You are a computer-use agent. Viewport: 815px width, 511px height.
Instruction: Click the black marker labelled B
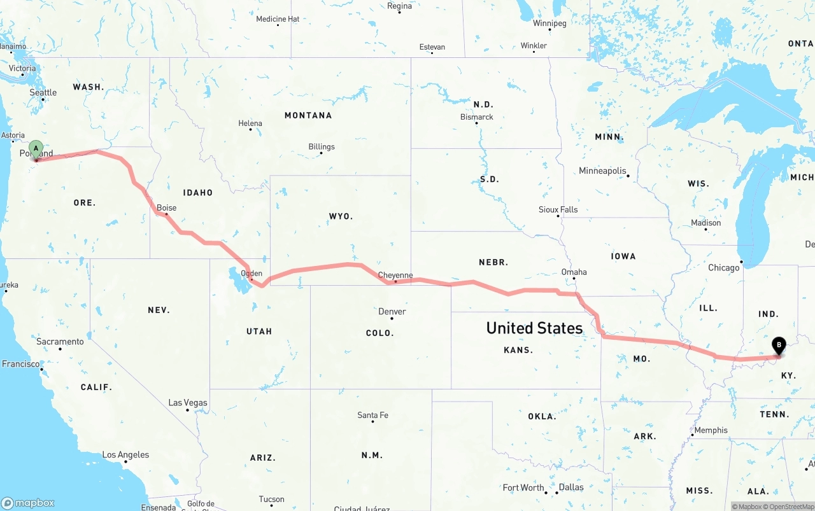(x=778, y=346)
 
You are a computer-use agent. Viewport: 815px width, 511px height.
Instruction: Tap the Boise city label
(x=166, y=208)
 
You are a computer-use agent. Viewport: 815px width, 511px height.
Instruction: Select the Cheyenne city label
(x=395, y=276)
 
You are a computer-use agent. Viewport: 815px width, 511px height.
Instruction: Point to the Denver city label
(x=392, y=312)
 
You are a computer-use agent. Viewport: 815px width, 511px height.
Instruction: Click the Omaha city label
(x=574, y=272)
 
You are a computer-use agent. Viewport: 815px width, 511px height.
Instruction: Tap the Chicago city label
(x=724, y=268)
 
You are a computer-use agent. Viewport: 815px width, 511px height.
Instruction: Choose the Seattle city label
(x=43, y=93)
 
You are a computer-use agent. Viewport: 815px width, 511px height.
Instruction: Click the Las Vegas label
(x=188, y=403)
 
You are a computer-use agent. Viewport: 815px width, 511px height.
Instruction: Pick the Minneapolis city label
(x=602, y=171)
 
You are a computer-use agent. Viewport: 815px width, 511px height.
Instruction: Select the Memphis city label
(x=711, y=430)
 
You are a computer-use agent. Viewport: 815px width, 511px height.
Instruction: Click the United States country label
(x=534, y=328)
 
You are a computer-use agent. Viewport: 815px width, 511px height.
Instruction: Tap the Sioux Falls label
(x=558, y=209)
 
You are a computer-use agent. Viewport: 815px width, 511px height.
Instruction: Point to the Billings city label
(x=322, y=147)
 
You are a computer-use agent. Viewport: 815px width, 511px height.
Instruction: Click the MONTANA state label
(x=308, y=115)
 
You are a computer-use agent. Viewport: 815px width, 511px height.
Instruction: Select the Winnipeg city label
(x=549, y=24)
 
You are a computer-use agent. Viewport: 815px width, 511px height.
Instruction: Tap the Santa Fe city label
(x=372, y=416)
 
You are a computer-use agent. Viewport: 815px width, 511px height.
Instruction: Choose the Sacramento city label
(x=60, y=342)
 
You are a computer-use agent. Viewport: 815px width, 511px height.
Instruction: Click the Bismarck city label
(x=477, y=117)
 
